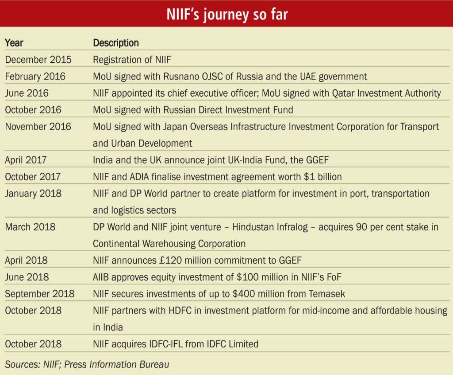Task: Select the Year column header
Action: point(14,43)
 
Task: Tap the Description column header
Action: point(116,43)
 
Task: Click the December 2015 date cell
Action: point(38,60)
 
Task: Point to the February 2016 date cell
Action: point(35,76)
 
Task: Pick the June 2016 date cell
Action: point(27,93)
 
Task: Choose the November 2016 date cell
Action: point(38,127)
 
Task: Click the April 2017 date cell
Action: point(26,160)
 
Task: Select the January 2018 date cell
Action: point(33,193)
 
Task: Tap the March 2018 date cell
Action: point(30,227)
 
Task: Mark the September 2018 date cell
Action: point(40,294)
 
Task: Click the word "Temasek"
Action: point(327,294)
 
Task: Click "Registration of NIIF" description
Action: point(132,60)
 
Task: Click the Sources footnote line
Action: point(87,364)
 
